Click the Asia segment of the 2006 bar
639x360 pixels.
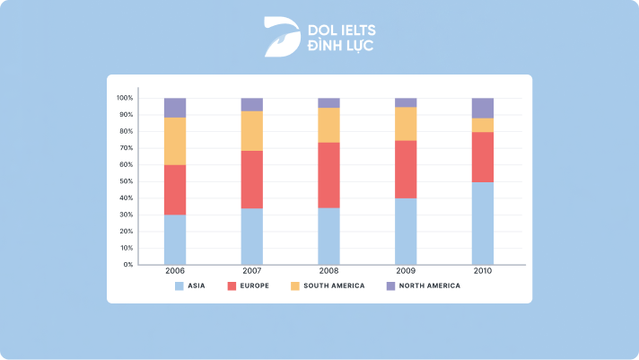click(x=175, y=240)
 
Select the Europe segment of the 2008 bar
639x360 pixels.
click(x=328, y=175)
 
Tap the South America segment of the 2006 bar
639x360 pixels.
click(x=175, y=141)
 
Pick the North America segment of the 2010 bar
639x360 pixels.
click(x=483, y=108)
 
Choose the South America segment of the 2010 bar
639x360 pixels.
click(x=483, y=125)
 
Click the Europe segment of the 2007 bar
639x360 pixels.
click(x=252, y=180)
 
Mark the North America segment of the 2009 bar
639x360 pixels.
click(x=406, y=102)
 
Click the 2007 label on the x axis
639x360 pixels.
click(x=252, y=271)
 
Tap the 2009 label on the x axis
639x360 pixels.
click(x=406, y=271)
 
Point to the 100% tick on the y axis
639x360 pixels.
click(x=125, y=98)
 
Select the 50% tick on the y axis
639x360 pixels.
click(x=126, y=181)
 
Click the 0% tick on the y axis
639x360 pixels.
click(x=127, y=265)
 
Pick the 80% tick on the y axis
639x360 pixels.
click(x=126, y=131)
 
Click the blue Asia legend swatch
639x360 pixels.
click(x=179, y=285)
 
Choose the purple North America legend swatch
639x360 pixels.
click(x=390, y=285)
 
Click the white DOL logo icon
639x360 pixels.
click(x=279, y=35)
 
